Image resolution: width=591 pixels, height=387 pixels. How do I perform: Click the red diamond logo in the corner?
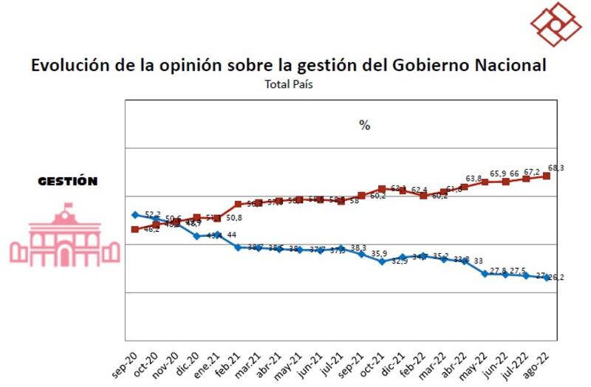tap(556, 23)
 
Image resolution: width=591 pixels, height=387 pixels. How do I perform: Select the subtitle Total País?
tap(289, 84)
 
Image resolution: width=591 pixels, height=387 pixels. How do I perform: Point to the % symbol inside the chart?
tap(364, 125)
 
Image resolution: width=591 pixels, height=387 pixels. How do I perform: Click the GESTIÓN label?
tap(67, 181)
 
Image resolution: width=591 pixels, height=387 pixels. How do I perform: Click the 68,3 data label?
tap(556, 168)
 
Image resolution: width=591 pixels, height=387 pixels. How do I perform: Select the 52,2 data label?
tap(152, 215)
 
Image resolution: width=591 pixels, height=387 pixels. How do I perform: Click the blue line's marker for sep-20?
tap(135, 215)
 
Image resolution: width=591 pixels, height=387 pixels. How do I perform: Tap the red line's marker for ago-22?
tap(547, 176)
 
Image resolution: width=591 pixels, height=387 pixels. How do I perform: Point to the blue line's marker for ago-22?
tap(547, 278)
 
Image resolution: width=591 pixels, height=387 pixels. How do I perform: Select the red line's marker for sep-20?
tap(135, 229)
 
